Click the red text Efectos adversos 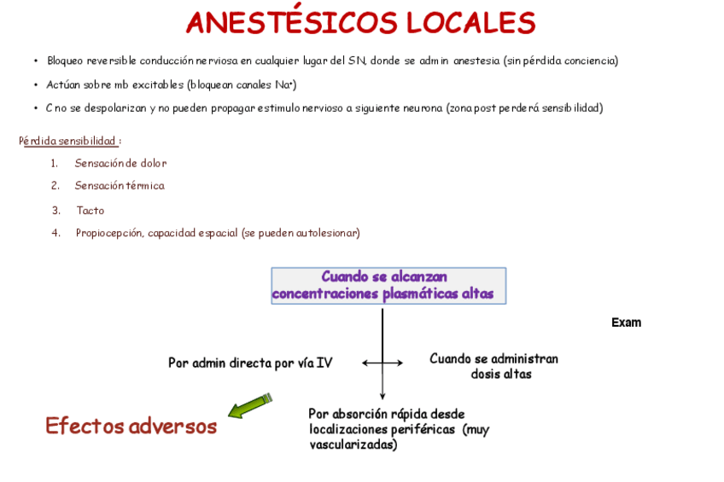pyautogui.click(x=131, y=426)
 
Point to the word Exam pyautogui.click(x=626, y=322)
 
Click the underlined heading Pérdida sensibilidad pyautogui.click(x=69, y=141)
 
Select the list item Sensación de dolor pyautogui.click(x=120, y=163)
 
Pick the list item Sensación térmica pyautogui.click(x=120, y=185)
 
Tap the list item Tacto pyautogui.click(x=90, y=210)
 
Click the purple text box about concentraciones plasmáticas pyautogui.click(x=388, y=286)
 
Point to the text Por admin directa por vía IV pyautogui.click(x=250, y=363)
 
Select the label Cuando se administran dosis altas pyautogui.click(x=493, y=366)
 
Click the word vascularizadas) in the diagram pyautogui.click(x=353, y=444)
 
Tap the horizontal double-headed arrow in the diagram pyautogui.click(x=382, y=363)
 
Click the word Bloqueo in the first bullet pyautogui.click(x=65, y=61)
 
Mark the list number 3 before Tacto pyautogui.click(x=55, y=210)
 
